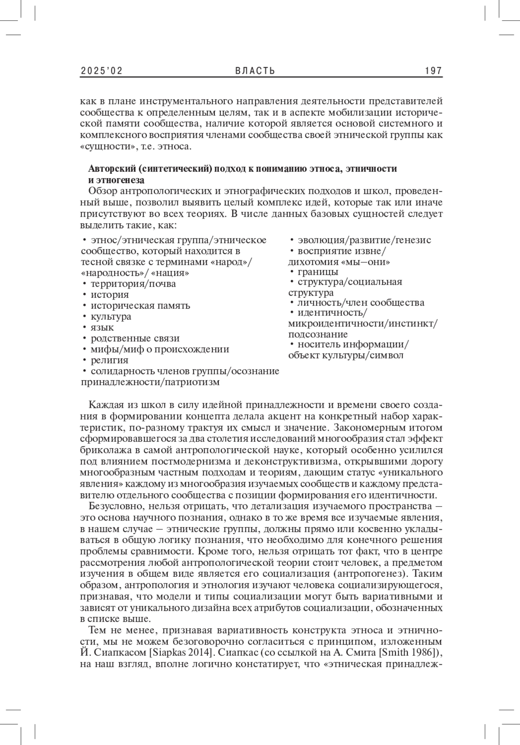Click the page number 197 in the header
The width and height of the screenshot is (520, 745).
tap(433, 71)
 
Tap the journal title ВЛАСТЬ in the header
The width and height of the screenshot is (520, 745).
tap(255, 71)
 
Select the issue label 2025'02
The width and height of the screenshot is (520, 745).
tap(101, 71)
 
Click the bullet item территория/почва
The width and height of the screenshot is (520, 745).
tap(133, 284)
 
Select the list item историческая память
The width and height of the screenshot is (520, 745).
tap(140, 306)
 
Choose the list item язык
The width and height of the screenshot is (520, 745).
tap(102, 328)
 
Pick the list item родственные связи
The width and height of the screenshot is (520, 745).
tap(135, 338)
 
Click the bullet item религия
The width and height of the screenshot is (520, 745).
tap(109, 360)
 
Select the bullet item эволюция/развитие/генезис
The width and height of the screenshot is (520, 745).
tap(364, 240)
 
